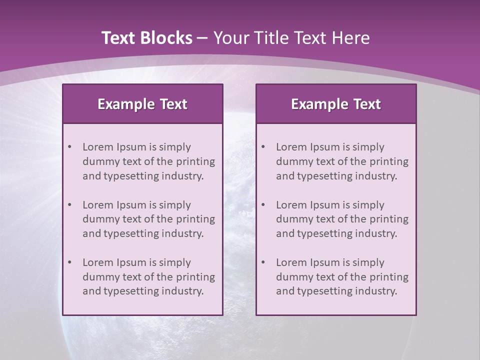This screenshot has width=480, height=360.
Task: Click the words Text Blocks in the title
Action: click(146, 38)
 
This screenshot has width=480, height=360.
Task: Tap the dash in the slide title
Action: click(202, 38)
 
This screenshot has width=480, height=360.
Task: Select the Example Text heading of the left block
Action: click(142, 104)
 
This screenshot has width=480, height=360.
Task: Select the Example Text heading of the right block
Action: click(336, 104)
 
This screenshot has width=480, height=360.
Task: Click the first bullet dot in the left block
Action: click(69, 147)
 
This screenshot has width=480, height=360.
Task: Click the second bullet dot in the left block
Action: click(69, 205)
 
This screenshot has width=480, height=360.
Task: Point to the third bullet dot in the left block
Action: click(69, 262)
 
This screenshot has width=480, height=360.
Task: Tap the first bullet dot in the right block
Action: click(263, 147)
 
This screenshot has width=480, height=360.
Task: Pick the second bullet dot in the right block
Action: click(263, 205)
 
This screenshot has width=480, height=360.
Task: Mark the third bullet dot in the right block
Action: click(263, 262)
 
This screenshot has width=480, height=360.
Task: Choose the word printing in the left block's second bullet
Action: click(195, 219)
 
